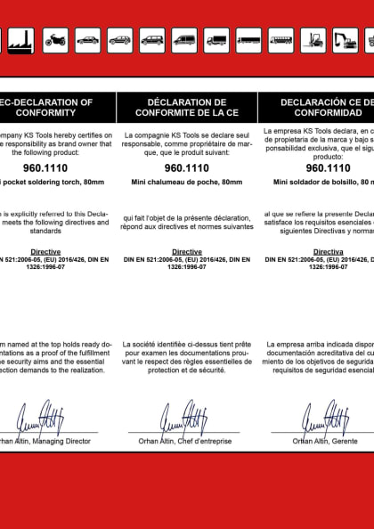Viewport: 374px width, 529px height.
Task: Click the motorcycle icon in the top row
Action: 55,40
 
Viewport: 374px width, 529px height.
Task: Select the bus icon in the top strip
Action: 280,40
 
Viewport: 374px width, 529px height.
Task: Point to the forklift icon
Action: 313,40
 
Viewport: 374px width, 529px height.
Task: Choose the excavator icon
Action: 345,40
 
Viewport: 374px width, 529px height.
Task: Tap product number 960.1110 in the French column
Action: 186,167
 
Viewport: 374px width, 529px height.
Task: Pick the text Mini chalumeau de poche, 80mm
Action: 186,182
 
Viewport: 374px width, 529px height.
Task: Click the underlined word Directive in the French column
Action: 186,252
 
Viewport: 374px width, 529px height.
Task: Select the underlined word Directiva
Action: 329,252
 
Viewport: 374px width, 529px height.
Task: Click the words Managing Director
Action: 63,441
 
